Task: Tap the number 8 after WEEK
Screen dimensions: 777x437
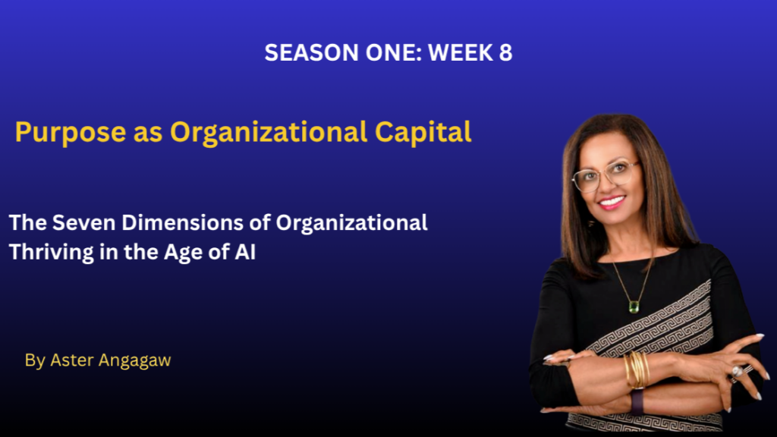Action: point(505,52)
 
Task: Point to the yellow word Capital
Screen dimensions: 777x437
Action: point(423,132)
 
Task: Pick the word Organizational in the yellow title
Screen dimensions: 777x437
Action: point(269,133)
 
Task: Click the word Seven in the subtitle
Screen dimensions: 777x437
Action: point(83,223)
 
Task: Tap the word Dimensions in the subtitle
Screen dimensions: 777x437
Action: point(182,223)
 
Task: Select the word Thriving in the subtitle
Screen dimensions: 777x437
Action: point(51,252)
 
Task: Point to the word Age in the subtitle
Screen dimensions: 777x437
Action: point(183,253)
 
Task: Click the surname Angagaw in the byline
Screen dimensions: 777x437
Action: point(135,360)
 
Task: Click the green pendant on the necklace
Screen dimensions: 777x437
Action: point(634,307)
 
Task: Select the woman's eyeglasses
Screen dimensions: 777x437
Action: point(603,175)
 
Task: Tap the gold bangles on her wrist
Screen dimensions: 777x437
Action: point(637,369)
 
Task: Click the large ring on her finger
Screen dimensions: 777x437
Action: point(737,372)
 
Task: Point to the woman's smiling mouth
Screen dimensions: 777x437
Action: point(612,202)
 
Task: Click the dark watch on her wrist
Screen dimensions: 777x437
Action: point(637,401)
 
